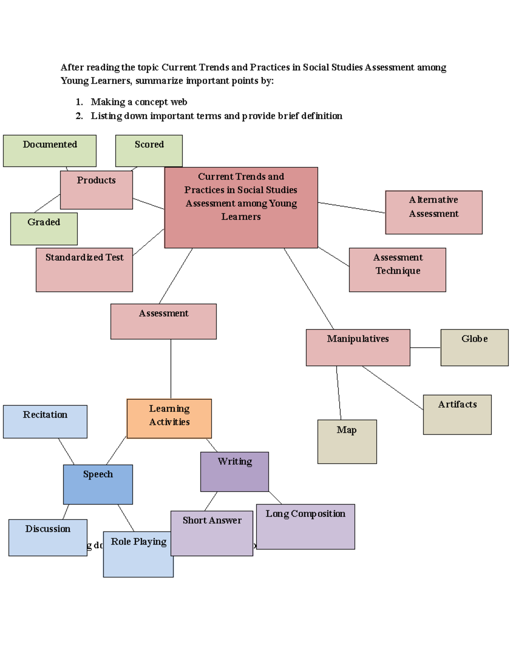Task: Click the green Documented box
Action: tap(49, 151)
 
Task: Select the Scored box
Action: tap(149, 151)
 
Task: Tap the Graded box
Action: tap(44, 229)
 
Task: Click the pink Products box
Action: tap(96, 190)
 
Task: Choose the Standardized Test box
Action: tap(84, 270)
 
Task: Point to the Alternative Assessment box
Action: tap(433, 212)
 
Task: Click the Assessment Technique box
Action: tap(397, 270)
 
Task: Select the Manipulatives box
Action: tap(358, 348)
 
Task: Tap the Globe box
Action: tap(474, 348)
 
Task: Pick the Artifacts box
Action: tap(457, 415)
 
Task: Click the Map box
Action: tap(347, 442)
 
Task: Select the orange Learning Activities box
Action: tap(169, 419)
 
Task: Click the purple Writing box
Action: tap(234, 471)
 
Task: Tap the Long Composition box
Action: tap(305, 526)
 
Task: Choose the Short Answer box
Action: tap(212, 533)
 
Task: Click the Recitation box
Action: tap(45, 422)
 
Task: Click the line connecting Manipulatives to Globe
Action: tap(425, 348)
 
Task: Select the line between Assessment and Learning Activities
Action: tap(171, 369)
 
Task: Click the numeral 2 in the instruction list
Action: tap(79, 116)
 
